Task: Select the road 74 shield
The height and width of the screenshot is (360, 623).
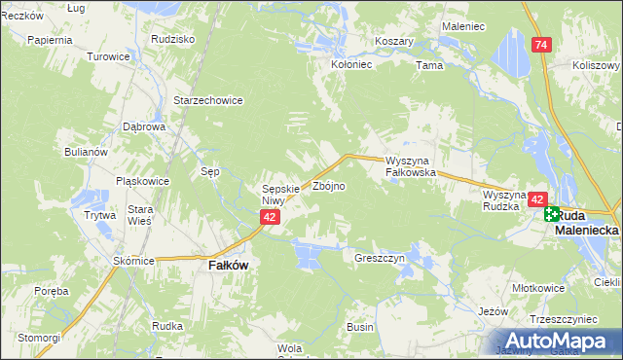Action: (x=541, y=45)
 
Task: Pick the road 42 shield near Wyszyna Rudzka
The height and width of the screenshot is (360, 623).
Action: (x=537, y=199)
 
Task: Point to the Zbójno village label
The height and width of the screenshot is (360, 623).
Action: (x=327, y=186)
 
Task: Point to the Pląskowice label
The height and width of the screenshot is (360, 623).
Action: (x=142, y=180)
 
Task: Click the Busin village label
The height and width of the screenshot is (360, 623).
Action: (x=360, y=327)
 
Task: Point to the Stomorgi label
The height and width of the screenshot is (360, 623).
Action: (x=38, y=337)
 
